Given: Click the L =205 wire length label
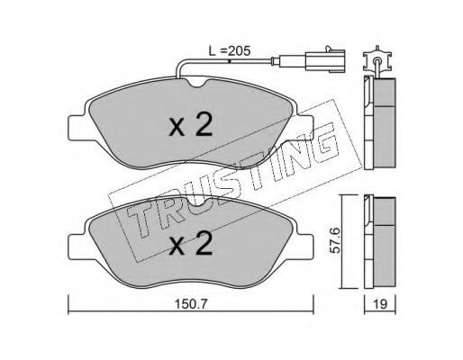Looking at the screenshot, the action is pyautogui.click(x=230, y=51).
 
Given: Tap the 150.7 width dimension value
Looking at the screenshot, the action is pyautogui.click(x=191, y=304).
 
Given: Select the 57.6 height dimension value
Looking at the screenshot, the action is pyautogui.click(x=334, y=240).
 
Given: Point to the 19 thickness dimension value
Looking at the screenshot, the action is pyautogui.click(x=381, y=304).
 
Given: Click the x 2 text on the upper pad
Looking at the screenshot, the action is pyautogui.click(x=191, y=125).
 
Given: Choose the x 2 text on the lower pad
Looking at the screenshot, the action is pyautogui.click(x=191, y=244).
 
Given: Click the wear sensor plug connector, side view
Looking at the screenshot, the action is pyautogui.click(x=325, y=60).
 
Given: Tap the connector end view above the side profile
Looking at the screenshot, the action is pyautogui.click(x=377, y=60).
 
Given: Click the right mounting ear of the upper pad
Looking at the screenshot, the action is pyautogui.click(x=304, y=128).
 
